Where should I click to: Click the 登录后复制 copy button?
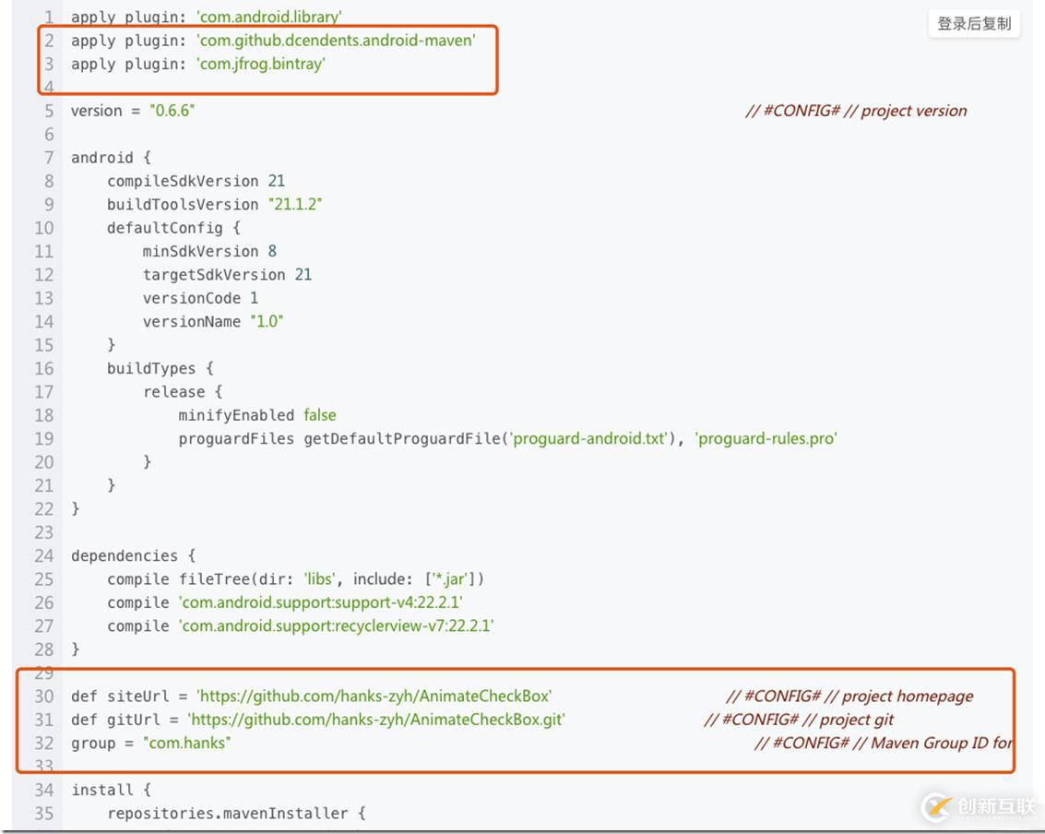(x=974, y=24)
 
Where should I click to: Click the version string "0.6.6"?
(x=172, y=111)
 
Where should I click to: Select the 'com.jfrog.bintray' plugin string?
(x=261, y=64)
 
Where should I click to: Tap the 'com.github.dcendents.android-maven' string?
(x=336, y=41)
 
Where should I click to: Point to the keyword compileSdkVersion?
(x=183, y=182)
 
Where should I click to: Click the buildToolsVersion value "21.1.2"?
(x=295, y=204)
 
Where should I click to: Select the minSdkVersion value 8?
(x=272, y=251)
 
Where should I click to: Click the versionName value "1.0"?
(x=267, y=321)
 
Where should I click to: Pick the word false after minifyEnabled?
(x=320, y=415)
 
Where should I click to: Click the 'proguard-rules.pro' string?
(x=766, y=438)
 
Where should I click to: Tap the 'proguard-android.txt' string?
(x=589, y=438)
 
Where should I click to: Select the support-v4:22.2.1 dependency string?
(x=321, y=602)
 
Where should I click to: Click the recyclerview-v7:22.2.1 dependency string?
(x=336, y=626)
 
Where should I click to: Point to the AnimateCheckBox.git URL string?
(x=376, y=720)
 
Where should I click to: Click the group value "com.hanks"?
(x=186, y=744)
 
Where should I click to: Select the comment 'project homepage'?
(x=908, y=697)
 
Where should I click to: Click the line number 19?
(x=44, y=438)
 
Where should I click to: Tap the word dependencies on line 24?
(x=125, y=556)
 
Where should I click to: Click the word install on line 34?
(x=102, y=790)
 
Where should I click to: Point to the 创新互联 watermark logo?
(x=979, y=806)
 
